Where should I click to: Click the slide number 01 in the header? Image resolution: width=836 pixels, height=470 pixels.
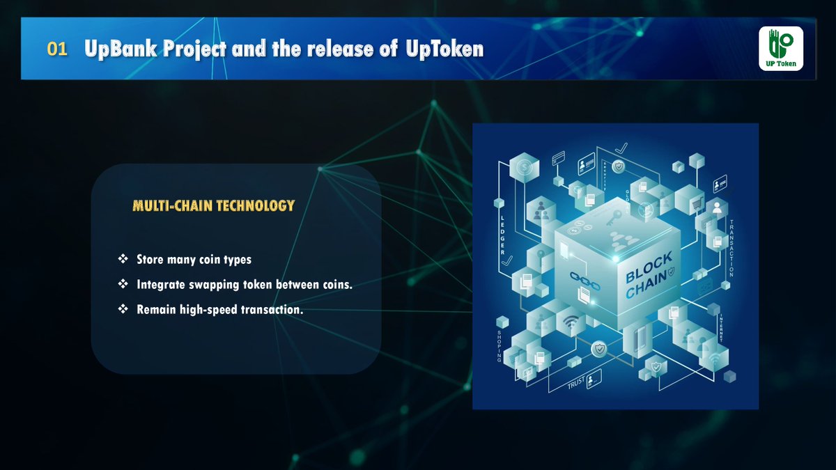57,50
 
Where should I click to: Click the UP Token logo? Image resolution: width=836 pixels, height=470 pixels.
781,49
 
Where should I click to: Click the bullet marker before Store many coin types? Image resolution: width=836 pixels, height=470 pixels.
123,259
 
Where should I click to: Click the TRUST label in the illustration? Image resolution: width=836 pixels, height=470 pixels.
575,382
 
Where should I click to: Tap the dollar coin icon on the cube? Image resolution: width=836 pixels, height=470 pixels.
524,167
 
